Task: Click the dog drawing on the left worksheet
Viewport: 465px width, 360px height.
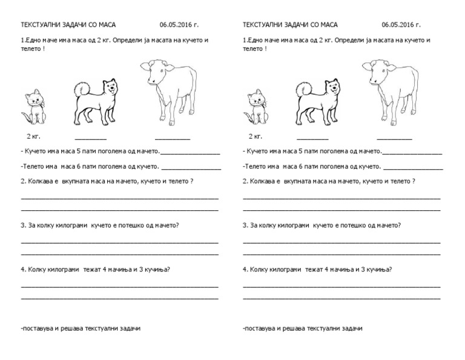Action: click(x=97, y=100)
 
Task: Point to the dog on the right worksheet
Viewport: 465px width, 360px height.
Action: click(x=319, y=100)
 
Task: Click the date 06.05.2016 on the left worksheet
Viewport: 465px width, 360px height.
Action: click(x=179, y=25)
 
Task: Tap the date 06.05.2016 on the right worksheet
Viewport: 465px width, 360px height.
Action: click(x=401, y=25)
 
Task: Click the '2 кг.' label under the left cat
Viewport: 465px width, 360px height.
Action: click(x=33, y=136)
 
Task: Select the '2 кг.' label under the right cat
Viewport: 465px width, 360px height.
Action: click(x=255, y=136)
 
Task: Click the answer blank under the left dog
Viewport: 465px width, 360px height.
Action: click(x=90, y=139)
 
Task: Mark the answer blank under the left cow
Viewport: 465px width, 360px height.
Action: click(x=172, y=139)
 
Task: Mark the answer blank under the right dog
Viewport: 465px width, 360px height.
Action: click(x=312, y=139)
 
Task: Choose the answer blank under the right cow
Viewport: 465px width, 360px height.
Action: click(x=394, y=139)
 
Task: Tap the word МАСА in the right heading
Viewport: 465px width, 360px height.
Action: click(x=329, y=25)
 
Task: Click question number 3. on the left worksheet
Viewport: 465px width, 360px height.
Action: click(x=23, y=225)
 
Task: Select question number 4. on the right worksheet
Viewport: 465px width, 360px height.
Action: click(x=245, y=268)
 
